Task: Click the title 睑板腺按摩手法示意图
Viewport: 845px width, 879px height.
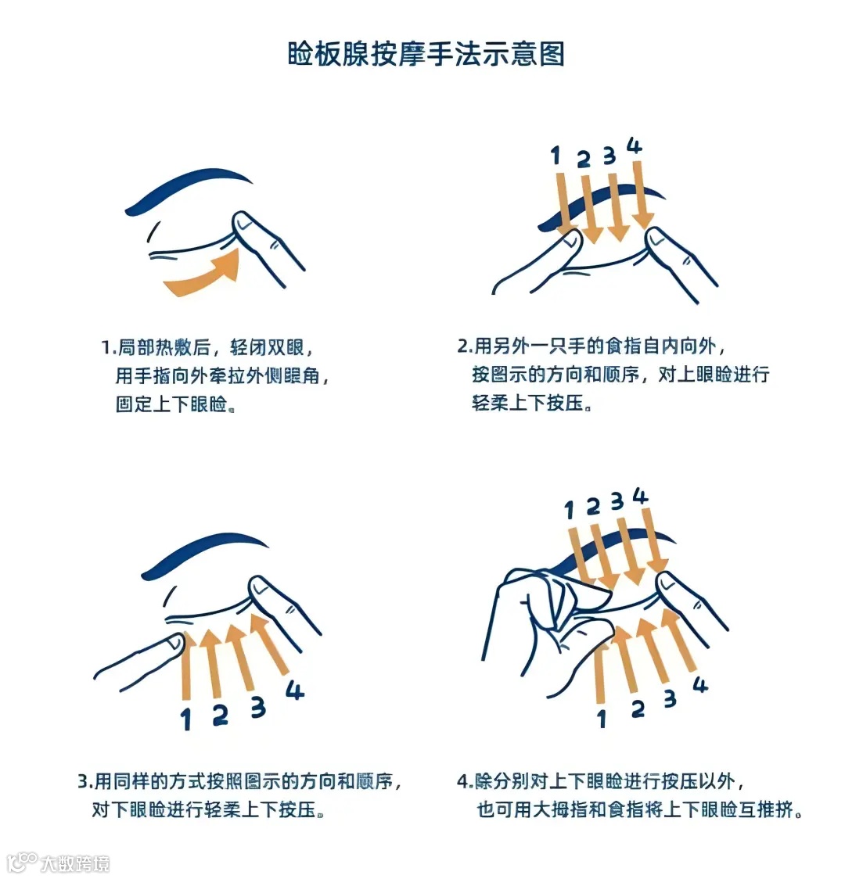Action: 426,55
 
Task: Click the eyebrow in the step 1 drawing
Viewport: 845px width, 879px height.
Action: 188,189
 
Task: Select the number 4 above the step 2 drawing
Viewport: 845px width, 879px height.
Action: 634,145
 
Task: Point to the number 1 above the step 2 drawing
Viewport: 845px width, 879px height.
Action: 555,156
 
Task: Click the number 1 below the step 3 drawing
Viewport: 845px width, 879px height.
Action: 186,719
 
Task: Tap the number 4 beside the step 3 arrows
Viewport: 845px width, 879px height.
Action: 295,690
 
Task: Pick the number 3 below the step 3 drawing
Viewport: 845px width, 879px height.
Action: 258,707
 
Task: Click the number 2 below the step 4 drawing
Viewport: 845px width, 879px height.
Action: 638,709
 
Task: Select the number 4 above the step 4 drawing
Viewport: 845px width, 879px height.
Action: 640,496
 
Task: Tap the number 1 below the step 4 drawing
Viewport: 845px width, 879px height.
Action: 602,718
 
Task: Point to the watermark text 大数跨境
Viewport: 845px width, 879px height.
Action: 75,863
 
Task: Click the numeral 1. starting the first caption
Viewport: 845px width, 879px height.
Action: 109,347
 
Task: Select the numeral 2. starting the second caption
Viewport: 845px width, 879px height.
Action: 466,346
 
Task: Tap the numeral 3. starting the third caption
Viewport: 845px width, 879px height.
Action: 86,781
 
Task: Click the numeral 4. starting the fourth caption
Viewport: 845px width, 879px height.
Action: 466,781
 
